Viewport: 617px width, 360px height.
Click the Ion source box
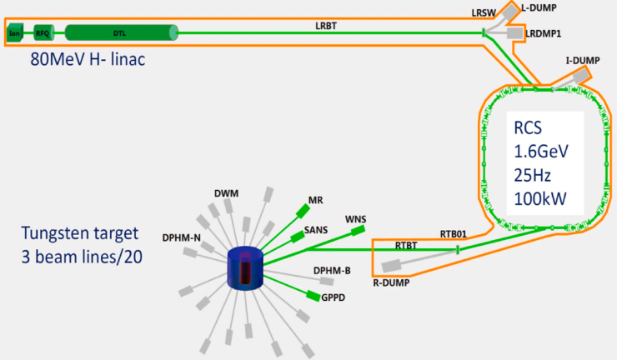(14, 33)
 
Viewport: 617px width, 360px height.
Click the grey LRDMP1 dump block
(514, 32)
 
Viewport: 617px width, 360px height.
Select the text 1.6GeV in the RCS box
(542, 152)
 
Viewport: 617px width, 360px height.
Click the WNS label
(356, 219)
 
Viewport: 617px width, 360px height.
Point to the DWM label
(226, 193)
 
